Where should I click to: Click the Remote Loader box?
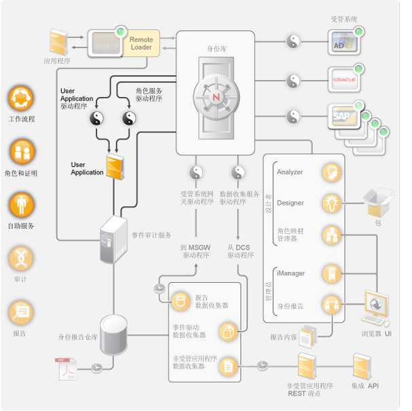(x=141, y=43)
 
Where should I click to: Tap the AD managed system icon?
(x=343, y=43)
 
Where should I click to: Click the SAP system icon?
(x=343, y=117)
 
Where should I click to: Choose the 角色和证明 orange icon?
(x=21, y=153)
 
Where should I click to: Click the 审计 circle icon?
(x=21, y=258)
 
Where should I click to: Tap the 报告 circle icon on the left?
(x=21, y=312)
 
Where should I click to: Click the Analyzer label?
(x=290, y=172)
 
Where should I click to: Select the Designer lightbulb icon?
(x=331, y=202)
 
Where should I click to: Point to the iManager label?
(x=291, y=273)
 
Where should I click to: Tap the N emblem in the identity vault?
(x=217, y=98)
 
